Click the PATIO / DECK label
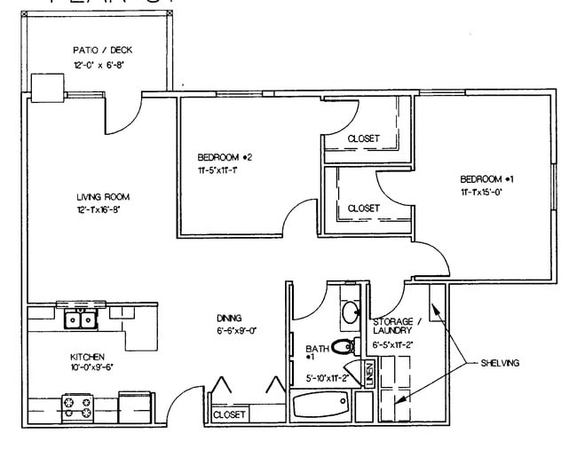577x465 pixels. [102, 51]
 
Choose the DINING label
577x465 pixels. [229, 318]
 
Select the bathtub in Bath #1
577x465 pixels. [321, 406]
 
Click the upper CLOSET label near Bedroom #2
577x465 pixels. [363, 138]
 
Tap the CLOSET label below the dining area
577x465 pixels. [229, 414]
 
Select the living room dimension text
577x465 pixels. [98, 210]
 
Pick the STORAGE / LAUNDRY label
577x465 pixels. [391, 327]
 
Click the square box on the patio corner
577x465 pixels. [47, 85]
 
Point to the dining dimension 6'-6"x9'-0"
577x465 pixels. [234, 331]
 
